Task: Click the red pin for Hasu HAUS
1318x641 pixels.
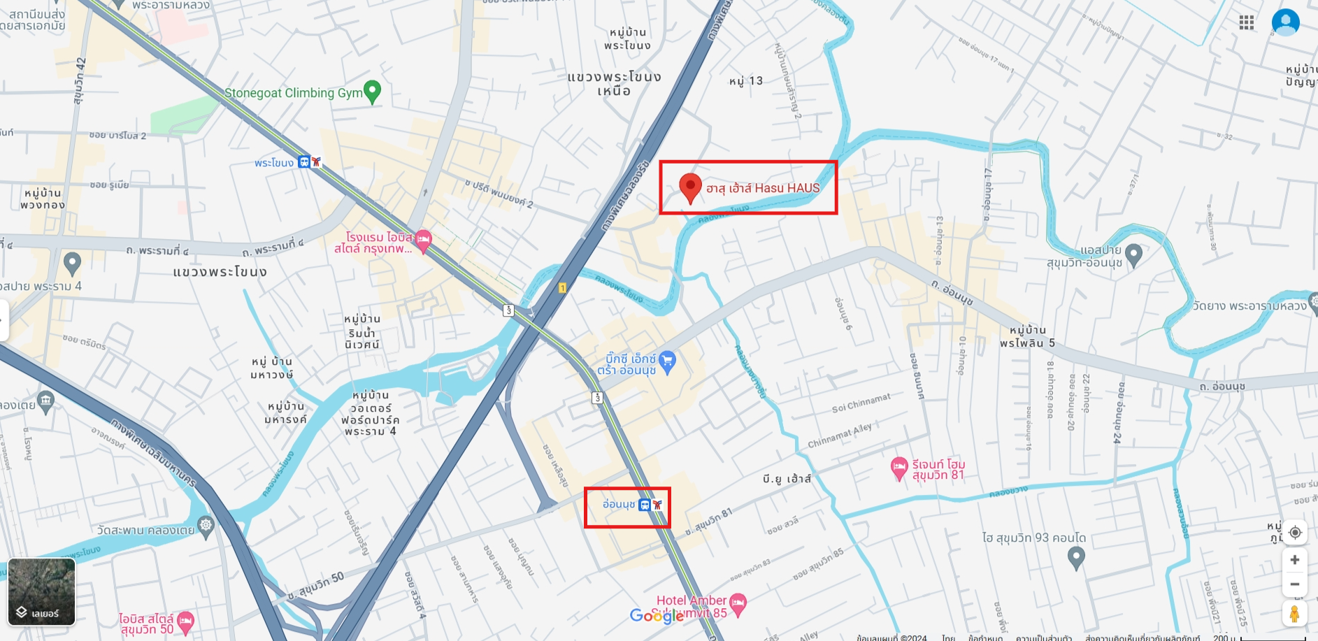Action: tap(690, 187)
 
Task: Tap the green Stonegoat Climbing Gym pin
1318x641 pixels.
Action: tap(372, 91)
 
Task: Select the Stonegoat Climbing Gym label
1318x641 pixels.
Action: tap(293, 93)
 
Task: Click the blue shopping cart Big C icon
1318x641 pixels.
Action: tap(668, 361)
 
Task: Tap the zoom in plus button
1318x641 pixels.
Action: tap(1294, 560)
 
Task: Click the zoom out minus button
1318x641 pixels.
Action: tap(1294, 584)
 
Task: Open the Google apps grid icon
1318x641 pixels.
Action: tap(1246, 23)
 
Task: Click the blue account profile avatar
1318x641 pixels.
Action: tap(1285, 22)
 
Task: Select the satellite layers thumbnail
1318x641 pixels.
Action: tap(42, 591)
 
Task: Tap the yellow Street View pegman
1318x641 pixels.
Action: tap(1294, 614)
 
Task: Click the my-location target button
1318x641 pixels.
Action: tap(1294, 533)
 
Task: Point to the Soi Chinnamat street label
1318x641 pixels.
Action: tap(861, 403)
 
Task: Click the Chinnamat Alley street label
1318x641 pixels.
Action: tap(839, 435)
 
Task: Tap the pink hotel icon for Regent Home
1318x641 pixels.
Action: tap(899, 468)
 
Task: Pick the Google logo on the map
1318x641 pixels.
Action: tap(657, 615)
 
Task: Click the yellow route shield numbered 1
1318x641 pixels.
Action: tap(562, 288)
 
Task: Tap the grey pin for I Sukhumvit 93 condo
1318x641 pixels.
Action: tap(1076, 557)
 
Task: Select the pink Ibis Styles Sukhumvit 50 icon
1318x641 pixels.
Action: tap(185, 621)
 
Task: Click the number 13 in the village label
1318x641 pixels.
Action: tap(755, 81)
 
